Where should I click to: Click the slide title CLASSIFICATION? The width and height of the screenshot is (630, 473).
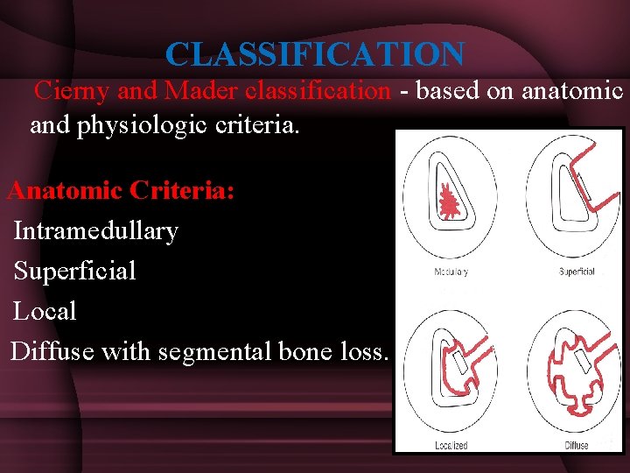315,54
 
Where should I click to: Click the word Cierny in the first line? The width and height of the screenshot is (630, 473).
70,90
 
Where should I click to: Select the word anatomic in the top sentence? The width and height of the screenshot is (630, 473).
572,90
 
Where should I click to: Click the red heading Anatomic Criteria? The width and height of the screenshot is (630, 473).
121,190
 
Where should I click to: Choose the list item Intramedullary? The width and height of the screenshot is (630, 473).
95,231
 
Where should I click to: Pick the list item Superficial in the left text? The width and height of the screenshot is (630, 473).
75,272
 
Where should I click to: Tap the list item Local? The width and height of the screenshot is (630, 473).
45,311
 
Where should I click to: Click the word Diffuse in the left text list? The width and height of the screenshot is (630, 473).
52,352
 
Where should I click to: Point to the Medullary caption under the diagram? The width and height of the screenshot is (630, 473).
451,272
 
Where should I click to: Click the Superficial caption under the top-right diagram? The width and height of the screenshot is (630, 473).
577,272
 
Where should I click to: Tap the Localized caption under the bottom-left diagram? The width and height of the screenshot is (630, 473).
451,446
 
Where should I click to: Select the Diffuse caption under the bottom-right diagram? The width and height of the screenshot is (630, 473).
577,446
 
